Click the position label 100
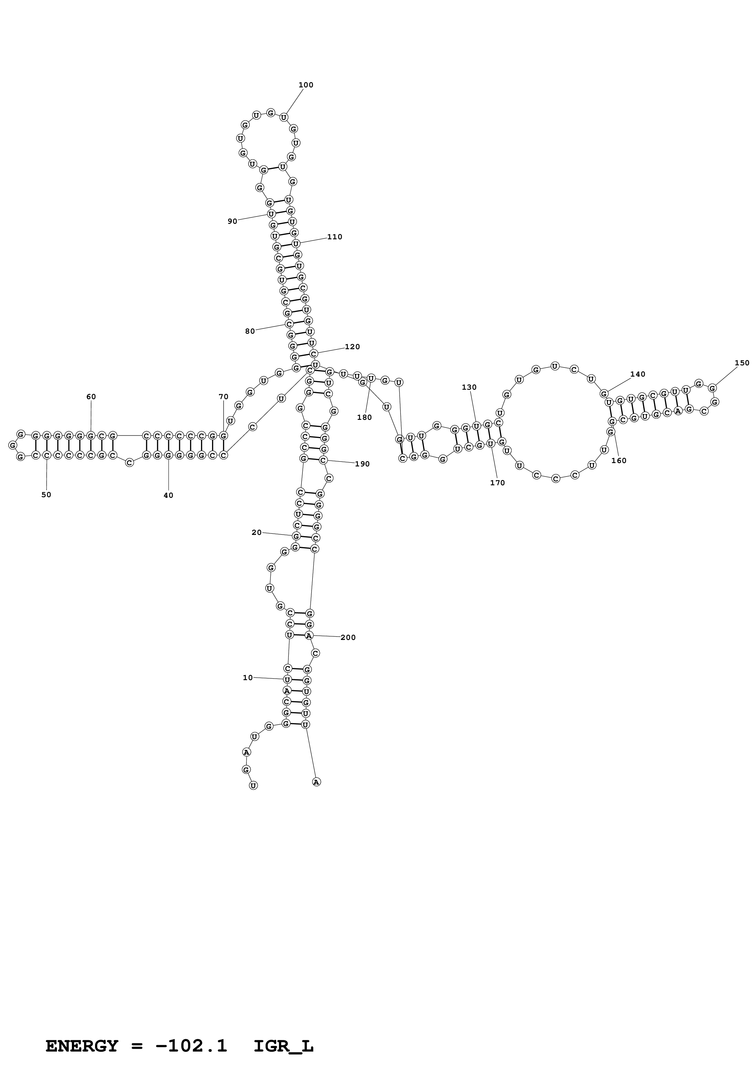point(306,85)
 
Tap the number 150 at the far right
point(742,363)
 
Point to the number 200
point(348,638)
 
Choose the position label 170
point(497,483)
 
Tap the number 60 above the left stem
point(91,397)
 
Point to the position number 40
point(168,495)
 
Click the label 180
point(364,417)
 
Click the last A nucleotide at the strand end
point(316,782)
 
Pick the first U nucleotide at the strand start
point(253,786)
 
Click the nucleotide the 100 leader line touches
point(284,117)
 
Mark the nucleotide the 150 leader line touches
point(712,388)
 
